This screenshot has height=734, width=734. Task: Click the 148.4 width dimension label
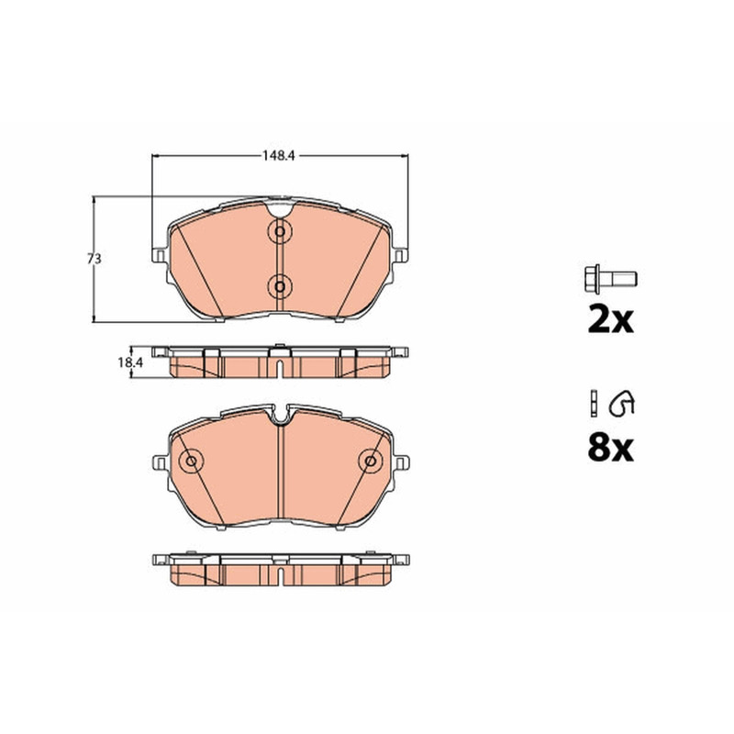coord(278,155)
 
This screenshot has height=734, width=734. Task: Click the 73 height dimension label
coord(95,259)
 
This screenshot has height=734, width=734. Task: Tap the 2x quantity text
coord(610,319)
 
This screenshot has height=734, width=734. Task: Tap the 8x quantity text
coord(610,448)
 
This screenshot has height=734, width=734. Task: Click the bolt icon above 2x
coord(610,280)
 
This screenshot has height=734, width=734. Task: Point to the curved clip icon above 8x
coord(622,403)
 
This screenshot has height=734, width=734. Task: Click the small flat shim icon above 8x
coord(594,403)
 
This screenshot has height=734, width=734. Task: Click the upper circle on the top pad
coord(280,231)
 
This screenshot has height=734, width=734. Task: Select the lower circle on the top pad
coord(280,286)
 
